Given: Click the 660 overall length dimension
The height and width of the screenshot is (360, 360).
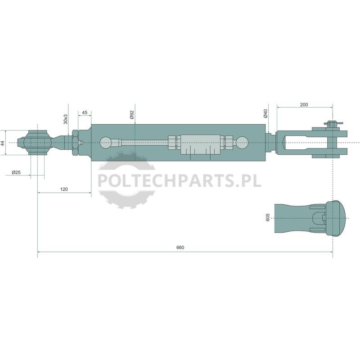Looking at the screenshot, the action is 180,247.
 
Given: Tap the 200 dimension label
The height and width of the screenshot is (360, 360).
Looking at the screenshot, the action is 304,105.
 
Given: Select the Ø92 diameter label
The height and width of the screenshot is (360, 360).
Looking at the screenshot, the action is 132,114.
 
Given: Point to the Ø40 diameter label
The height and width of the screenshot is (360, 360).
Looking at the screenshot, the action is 265,113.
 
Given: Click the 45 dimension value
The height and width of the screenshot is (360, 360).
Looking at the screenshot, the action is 85,112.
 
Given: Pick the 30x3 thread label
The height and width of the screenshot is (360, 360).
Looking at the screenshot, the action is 66,119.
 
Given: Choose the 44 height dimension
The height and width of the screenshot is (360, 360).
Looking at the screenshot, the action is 3,143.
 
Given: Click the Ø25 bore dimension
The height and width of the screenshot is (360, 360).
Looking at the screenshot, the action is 16,172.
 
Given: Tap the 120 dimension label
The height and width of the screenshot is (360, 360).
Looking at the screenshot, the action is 64,189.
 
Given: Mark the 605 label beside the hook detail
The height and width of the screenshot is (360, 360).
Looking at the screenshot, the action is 268,217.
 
